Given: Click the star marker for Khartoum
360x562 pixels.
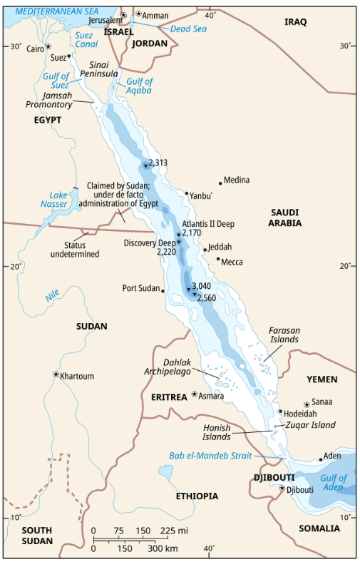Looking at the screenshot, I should [x=56, y=374].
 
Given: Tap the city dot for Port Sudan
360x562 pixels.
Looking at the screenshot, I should [x=163, y=290].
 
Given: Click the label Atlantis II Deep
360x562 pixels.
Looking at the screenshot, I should [x=207, y=223].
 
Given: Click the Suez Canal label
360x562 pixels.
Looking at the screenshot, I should [x=86, y=39].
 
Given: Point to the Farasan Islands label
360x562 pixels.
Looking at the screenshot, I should [x=284, y=335].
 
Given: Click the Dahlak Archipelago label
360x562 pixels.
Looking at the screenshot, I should [x=175, y=367].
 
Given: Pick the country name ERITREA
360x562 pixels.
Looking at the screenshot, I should [x=169, y=397].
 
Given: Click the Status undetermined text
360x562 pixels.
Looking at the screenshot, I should [x=75, y=250].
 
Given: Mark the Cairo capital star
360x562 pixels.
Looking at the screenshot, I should [x=48, y=47].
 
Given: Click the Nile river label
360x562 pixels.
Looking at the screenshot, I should [x=51, y=293].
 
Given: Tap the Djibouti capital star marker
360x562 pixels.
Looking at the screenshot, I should [x=282, y=489].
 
